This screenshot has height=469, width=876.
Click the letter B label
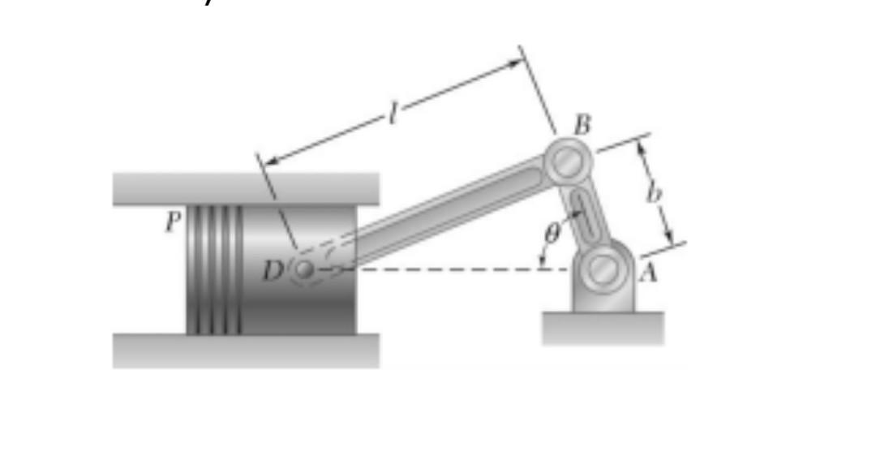[582, 125]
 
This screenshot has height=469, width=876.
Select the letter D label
[272, 269]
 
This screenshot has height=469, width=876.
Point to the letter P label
[171, 222]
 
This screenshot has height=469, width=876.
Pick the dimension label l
[393, 115]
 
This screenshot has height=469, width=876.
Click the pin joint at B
[568, 161]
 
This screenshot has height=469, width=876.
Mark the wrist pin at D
[304, 269]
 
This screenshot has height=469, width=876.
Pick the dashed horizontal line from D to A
[454, 269]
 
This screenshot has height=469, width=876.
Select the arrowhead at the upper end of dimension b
[640, 146]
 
